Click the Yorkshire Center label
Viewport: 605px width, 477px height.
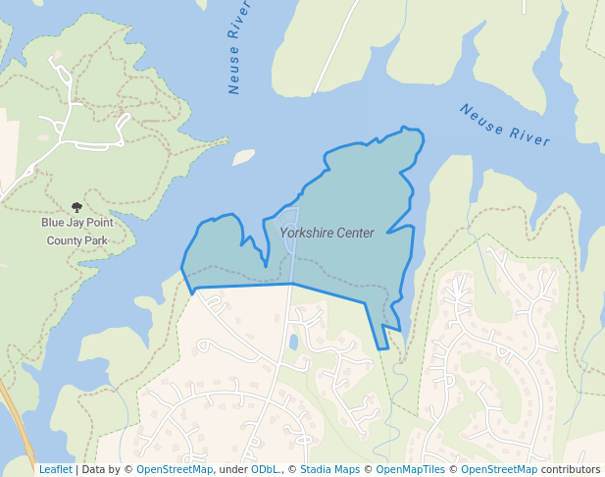point(327,234)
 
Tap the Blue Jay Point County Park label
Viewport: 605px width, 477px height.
point(77,231)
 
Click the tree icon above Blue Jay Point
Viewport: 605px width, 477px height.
point(77,207)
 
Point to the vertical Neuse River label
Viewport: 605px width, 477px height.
point(233,55)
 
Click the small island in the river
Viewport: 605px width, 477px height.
point(243,157)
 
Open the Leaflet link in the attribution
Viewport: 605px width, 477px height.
point(55,470)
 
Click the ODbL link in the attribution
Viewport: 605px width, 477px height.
point(264,470)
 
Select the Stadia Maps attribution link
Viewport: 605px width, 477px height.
point(329,470)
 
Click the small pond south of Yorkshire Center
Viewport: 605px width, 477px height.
point(293,343)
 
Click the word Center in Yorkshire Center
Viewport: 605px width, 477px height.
point(355,234)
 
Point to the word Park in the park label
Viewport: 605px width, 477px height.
point(95,239)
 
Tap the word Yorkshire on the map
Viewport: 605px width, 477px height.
point(306,234)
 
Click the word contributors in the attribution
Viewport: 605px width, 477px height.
point(571,470)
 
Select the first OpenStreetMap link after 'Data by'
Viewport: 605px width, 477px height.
point(175,470)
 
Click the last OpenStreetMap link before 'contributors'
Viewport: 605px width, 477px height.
point(499,470)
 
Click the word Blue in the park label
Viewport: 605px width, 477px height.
point(52,223)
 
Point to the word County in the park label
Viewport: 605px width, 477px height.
point(65,239)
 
